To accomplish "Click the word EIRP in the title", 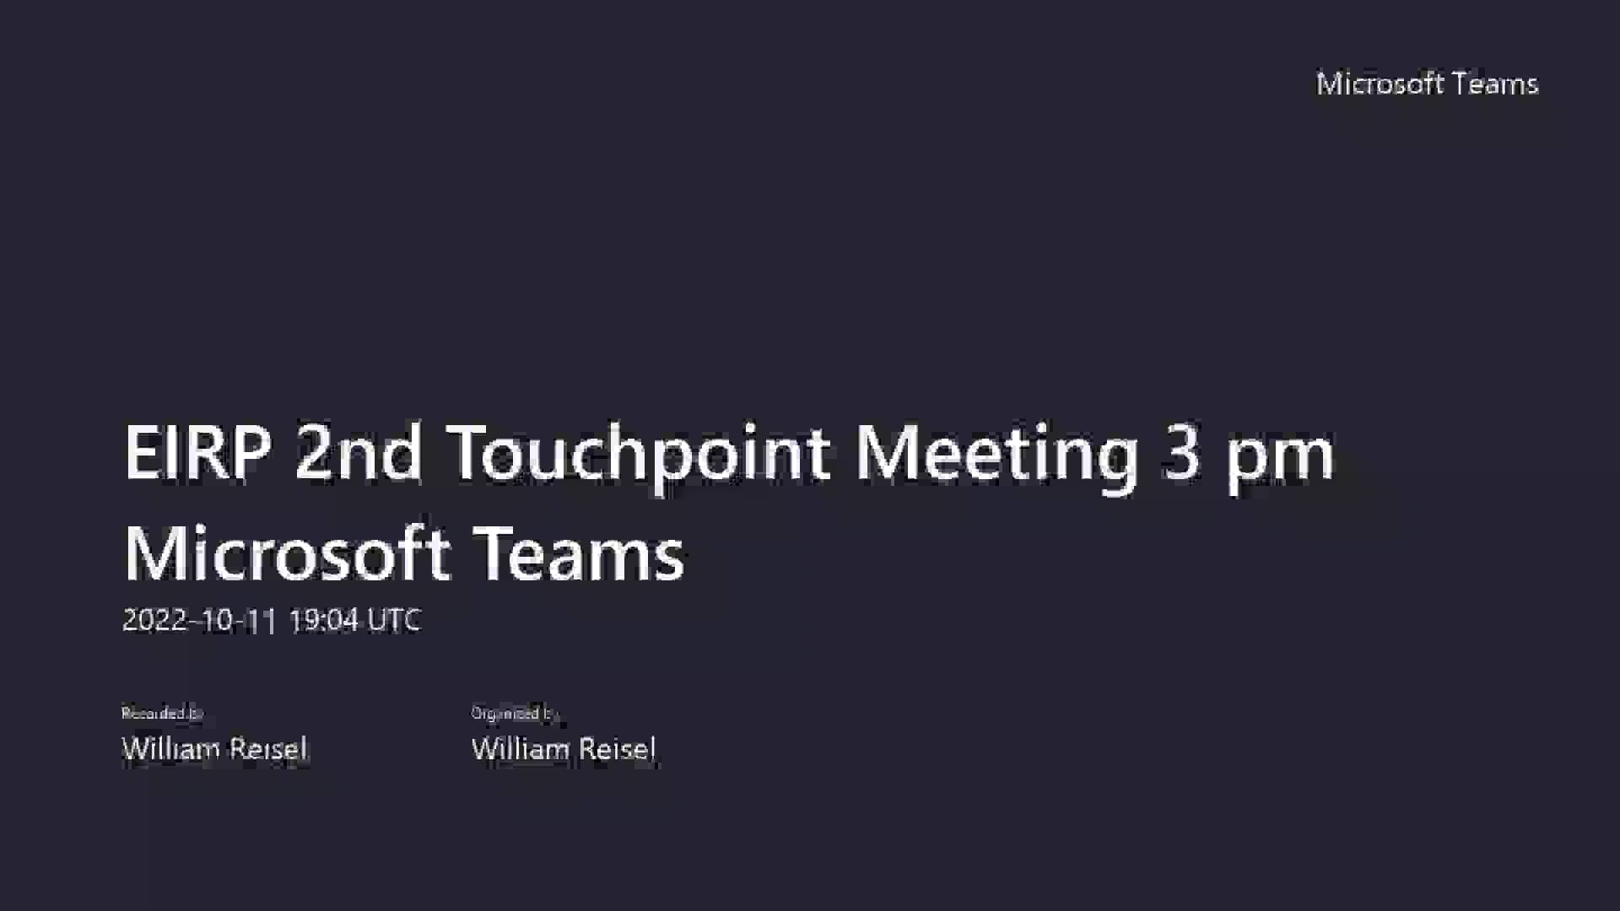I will click(x=197, y=453).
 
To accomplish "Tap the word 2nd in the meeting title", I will click(x=358, y=453).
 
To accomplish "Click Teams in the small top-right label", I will click(x=1496, y=84).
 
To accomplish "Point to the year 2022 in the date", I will click(x=154, y=621).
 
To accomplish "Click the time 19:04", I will click(x=323, y=621).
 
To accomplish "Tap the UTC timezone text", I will click(x=394, y=621).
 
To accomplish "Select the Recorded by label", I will click(x=162, y=714).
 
